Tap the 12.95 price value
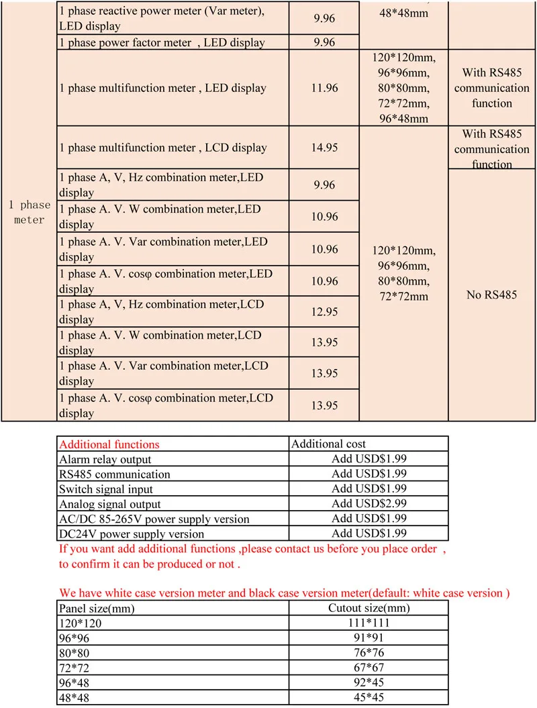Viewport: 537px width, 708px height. (x=325, y=312)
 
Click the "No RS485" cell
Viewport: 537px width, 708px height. (x=491, y=295)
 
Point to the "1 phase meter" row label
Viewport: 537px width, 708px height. (x=29, y=212)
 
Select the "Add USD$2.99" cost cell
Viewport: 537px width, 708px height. (x=369, y=504)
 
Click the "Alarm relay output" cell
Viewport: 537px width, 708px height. (x=105, y=460)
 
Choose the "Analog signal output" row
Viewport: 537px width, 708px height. (x=110, y=504)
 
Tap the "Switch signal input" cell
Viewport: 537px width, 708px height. (x=106, y=489)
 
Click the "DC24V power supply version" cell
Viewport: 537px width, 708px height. (x=132, y=534)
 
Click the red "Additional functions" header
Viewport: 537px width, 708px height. (x=109, y=444)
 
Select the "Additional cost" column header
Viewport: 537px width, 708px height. (x=329, y=444)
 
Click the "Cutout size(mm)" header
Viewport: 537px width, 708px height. (x=369, y=608)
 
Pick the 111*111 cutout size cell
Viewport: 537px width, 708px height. (x=369, y=623)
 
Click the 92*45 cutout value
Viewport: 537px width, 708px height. (x=369, y=682)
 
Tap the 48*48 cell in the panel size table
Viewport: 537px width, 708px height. (x=74, y=697)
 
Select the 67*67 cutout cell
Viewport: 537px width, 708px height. (x=369, y=668)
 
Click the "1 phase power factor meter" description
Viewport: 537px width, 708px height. (x=162, y=43)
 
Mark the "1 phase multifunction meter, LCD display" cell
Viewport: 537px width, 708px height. (x=163, y=148)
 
